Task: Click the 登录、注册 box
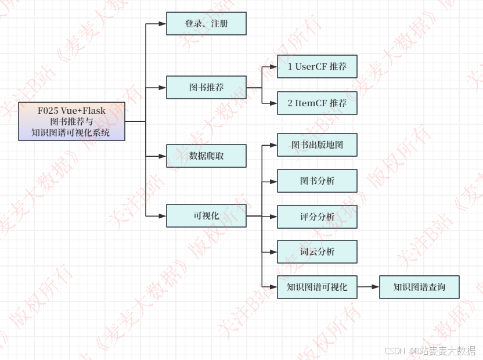tap(206, 24)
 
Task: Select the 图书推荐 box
tap(206, 88)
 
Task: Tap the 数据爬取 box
tap(206, 156)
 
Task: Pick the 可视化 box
tap(206, 216)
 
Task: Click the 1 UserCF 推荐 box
tap(317, 67)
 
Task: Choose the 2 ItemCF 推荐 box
tap(317, 103)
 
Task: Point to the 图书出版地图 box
tap(317, 145)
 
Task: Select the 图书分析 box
tap(317, 181)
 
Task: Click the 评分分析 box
tap(317, 217)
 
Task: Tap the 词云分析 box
tap(317, 252)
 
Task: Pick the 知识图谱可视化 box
tap(317, 287)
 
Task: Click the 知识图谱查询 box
tap(419, 287)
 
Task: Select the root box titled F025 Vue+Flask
tap(72, 122)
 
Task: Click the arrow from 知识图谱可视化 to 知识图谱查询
tap(368, 287)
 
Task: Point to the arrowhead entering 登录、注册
tap(163, 24)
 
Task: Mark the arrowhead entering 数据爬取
tap(163, 156)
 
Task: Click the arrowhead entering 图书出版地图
tap(273, 145)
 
